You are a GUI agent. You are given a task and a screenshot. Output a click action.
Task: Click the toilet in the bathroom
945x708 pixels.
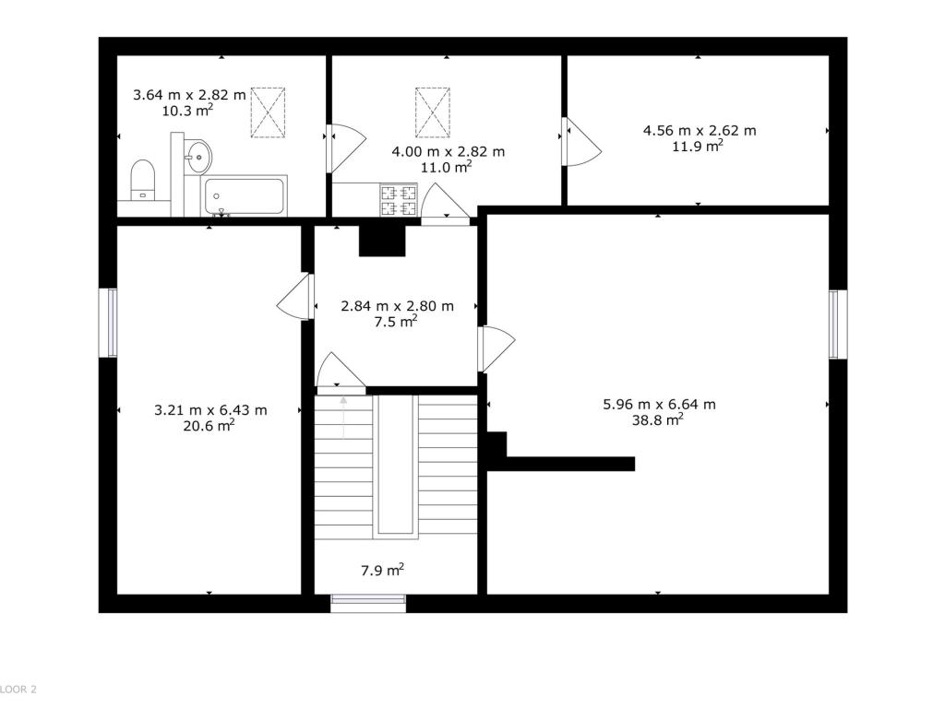(143, 179)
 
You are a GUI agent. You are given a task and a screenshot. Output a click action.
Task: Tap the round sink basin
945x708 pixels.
(198, 155)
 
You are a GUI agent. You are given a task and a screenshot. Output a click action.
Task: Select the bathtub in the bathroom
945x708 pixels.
(244, 195)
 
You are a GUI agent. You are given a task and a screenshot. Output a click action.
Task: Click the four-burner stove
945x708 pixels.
(399, 200)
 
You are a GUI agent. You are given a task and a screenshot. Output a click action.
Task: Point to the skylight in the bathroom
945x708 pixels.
(268, 112)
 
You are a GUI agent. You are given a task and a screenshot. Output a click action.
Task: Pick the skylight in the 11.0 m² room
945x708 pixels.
(432, 112)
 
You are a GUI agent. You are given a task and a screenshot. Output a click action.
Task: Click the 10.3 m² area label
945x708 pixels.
(187, 111)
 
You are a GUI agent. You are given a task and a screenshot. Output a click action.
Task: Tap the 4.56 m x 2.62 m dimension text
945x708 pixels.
(700, 131)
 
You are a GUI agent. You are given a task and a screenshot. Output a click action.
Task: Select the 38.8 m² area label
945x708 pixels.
(657, 420)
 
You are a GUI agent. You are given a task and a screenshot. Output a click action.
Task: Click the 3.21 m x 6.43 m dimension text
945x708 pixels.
(210, 410)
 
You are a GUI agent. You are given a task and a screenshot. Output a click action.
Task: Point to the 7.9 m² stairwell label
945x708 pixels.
(382, 570)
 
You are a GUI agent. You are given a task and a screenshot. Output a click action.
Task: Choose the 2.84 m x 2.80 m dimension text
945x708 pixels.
(397, 306)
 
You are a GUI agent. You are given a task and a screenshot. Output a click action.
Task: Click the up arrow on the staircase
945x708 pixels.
(343, 418)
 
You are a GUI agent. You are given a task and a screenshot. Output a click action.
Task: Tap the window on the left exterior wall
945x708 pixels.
(109, 323)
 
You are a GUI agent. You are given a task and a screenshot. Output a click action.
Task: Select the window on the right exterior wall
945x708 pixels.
(838, 324)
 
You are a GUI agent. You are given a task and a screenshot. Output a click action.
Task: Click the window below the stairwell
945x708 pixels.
(368, 603)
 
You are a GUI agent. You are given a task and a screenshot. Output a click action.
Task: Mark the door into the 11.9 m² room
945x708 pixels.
(581, 141)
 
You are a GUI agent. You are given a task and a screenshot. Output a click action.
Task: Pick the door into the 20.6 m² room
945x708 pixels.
(295, 297)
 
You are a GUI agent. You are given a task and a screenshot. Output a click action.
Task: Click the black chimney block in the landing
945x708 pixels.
(382, 241)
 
